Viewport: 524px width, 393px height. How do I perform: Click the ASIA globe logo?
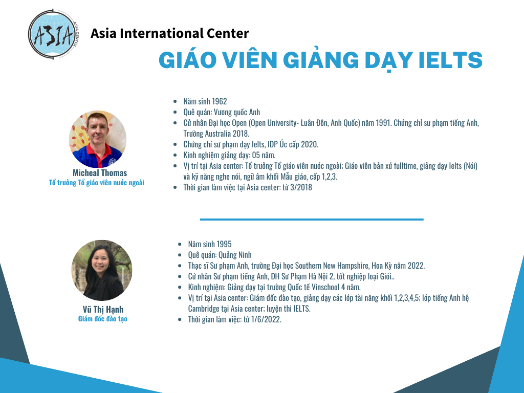[53, 34]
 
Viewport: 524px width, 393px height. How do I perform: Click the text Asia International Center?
[170, 33]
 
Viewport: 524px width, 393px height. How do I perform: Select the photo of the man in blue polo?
[98, 139]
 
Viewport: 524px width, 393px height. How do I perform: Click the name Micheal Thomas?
[100, 173]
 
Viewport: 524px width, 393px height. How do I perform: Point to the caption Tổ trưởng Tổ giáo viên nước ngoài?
[97, 183]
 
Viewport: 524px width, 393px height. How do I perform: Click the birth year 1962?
[219, 101]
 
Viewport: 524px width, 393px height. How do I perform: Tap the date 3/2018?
[301, 187]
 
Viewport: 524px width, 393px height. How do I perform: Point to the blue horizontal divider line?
[312, 220]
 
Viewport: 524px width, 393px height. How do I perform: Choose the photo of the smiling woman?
[102, 270]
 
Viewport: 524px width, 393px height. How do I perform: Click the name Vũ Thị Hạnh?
[103, 310]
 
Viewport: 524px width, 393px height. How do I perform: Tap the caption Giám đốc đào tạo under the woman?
[102, 319]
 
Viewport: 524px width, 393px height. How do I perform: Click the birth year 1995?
[224, 244]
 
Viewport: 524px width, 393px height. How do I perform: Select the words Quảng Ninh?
[235, 255]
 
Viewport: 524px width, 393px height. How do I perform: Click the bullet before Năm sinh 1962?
[175, 102]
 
